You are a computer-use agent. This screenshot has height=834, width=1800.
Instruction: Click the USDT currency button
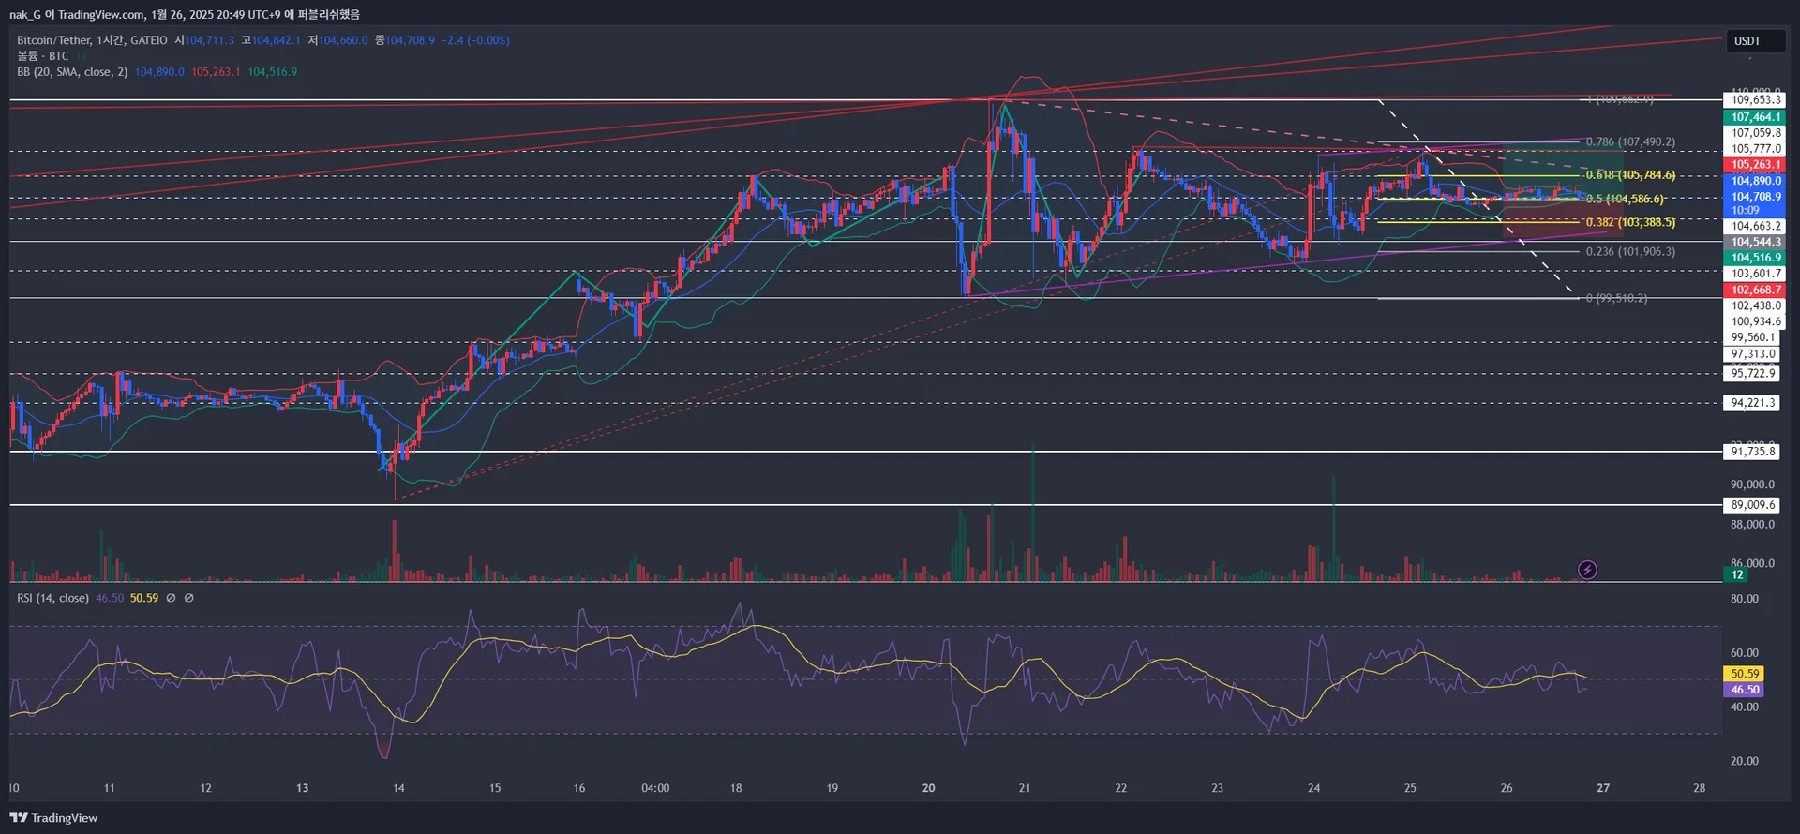coord(1755,41)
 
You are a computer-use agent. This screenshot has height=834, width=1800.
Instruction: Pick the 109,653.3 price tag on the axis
coord(1755,100)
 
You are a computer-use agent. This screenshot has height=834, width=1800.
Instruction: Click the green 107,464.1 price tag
coord(1755,117)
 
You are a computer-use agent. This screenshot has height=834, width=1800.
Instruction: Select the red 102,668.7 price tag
coord(1755,290)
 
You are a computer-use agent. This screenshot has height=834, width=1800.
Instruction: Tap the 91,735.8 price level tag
coord(1752,452)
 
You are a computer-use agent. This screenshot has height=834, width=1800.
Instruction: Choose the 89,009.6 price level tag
coord(1752,505)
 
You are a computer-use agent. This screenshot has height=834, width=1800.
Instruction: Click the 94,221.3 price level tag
coord(1752,403)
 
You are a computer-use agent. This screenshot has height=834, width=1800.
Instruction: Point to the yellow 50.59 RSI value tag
coord(1744,674)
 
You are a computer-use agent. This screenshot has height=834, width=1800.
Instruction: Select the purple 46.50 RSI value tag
coord(1744,690)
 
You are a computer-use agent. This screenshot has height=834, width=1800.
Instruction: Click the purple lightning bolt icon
coord(1587,570)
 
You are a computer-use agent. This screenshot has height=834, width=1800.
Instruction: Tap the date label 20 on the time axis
coord(928,788)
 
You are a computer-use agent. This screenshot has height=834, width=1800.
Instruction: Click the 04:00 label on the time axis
coord(655,788)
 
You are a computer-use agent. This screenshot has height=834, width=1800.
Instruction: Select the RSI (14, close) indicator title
coord(52,598)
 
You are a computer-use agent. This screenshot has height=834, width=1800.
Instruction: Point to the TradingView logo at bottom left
coord(54,818)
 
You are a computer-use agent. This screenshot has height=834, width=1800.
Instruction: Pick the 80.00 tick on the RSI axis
coord(1744,599)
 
